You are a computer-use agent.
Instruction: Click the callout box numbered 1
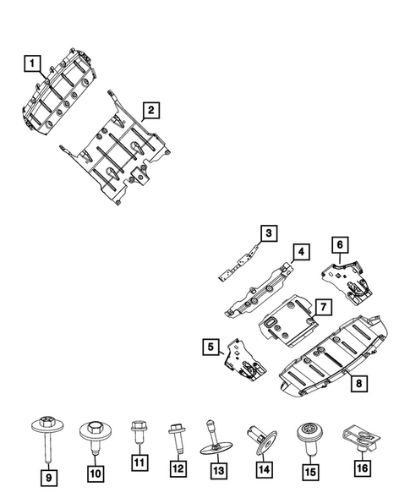[30, 62]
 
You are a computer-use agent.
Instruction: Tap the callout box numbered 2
[150, 109]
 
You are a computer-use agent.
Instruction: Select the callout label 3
[267, 233]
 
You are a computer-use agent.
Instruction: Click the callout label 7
[323, 304]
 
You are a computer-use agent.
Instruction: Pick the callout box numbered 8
[359, 384]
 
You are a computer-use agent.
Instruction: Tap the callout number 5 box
[210, 346]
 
